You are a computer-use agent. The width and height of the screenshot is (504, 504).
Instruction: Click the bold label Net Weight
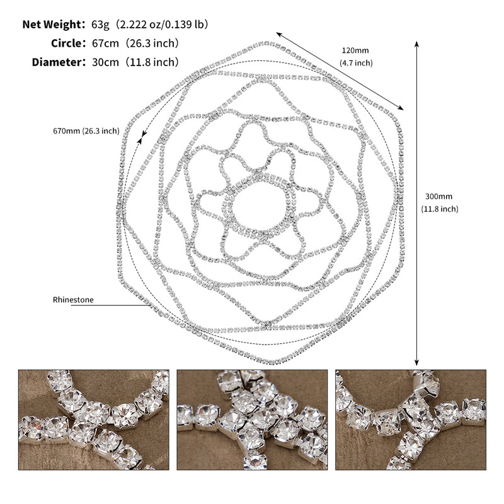coord(52,25)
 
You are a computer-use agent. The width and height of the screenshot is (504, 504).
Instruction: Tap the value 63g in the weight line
coord(100,25)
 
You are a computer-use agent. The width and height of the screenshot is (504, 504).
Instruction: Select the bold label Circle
coord(67,43)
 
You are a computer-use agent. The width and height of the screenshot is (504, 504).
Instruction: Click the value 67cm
coord(105,43)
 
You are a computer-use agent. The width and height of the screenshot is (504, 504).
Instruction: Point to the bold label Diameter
coord(57,62)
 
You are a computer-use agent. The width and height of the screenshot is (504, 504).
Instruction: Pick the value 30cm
coord(105,62)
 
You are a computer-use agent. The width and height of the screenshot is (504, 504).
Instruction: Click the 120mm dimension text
coord(355,50)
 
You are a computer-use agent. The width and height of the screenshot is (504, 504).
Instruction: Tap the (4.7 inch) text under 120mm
coord(356,62)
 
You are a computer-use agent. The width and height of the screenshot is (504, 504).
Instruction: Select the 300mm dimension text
coord(438,197)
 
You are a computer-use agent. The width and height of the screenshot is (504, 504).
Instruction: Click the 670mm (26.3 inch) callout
coord(86,131)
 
